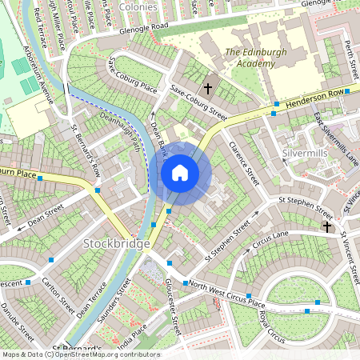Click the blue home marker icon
[x=180, y=173]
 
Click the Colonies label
[x=138, y=6]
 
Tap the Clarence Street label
[x=244, y=160]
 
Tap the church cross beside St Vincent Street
[x=326, y=226]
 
